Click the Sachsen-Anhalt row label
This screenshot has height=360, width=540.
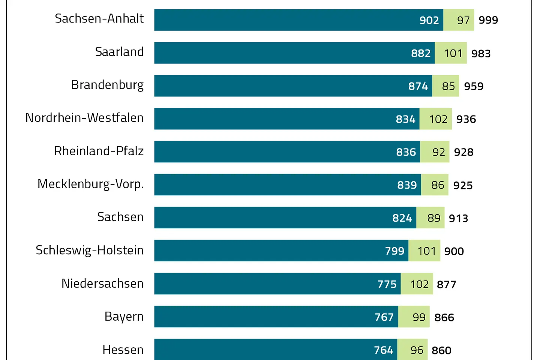click(x=99, y=19)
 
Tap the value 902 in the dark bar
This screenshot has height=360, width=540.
click(x=429, y=20)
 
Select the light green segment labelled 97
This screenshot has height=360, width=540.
click(x=459, y=20)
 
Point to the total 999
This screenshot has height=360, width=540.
click(x=488, y=20)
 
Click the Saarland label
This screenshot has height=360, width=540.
click(x=119, y=52)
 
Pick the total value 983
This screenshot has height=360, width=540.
click(x=481, y=54)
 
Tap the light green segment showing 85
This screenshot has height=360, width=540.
click(x=446, y=86)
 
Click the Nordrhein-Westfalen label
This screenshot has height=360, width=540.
click(x=84, y=118)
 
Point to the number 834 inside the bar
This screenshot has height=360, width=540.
click(x=405, y=119)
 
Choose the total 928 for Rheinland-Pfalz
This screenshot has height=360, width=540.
click(x=463, y=152)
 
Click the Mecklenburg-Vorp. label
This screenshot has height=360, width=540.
click(x=90, y=184)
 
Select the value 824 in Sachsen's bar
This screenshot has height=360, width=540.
click(x=402, y=218)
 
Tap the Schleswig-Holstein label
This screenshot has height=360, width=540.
click(x=90, y=250)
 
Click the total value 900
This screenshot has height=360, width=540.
click(x=454, y=251)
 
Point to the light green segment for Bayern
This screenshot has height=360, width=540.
click(x=414, y=317)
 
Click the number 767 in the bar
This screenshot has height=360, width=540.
click(x=384, y=317)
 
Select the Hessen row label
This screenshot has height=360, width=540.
click(x=123, y=349)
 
